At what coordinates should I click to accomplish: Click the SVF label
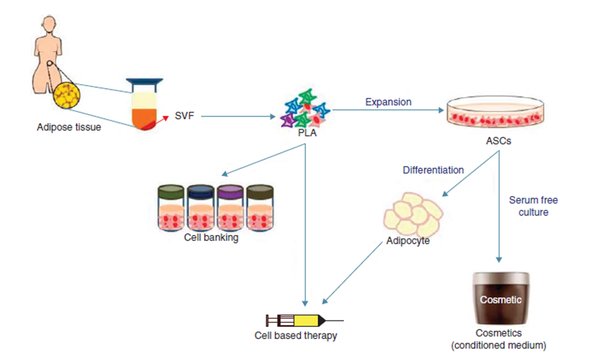184,116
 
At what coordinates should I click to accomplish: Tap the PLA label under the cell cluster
307,133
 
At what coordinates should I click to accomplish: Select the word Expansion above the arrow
388,102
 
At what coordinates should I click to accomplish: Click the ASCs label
498,141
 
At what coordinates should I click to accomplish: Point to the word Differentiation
433,170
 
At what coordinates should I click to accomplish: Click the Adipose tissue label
69,128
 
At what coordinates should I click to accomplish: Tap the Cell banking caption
211,237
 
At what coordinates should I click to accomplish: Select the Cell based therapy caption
295,335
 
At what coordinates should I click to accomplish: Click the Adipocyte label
408,241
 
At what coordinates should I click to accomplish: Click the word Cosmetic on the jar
501,299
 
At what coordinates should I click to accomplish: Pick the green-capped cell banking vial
171,208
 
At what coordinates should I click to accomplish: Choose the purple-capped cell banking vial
230,208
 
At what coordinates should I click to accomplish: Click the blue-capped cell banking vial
200,208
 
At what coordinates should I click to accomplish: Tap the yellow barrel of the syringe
306,321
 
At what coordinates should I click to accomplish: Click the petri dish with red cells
495,112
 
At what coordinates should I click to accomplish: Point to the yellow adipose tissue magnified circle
66,95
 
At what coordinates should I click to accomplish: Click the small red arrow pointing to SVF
162,120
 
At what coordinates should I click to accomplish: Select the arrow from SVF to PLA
238,117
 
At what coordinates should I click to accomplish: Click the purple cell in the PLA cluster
288,120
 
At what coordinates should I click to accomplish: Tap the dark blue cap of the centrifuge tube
144,81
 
